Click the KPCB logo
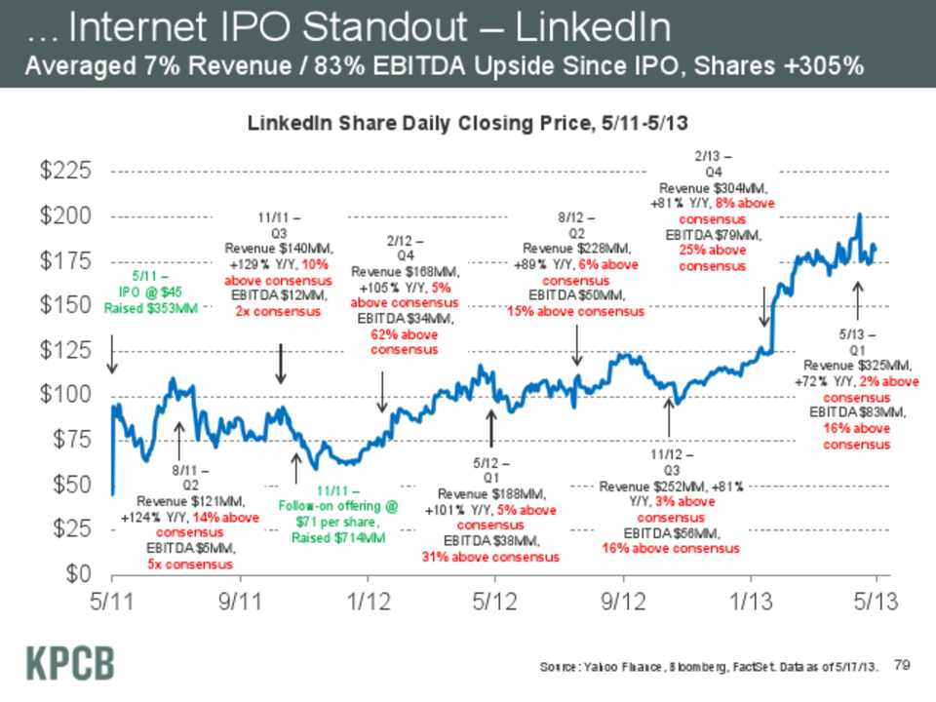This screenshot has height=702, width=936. click(x=69, y=662)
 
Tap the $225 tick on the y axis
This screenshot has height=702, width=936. click(x=66, y=172)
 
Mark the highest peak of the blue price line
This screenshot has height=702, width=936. click(x=859, y=214)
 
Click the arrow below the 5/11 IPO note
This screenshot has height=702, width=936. click(x=111, y=356)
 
